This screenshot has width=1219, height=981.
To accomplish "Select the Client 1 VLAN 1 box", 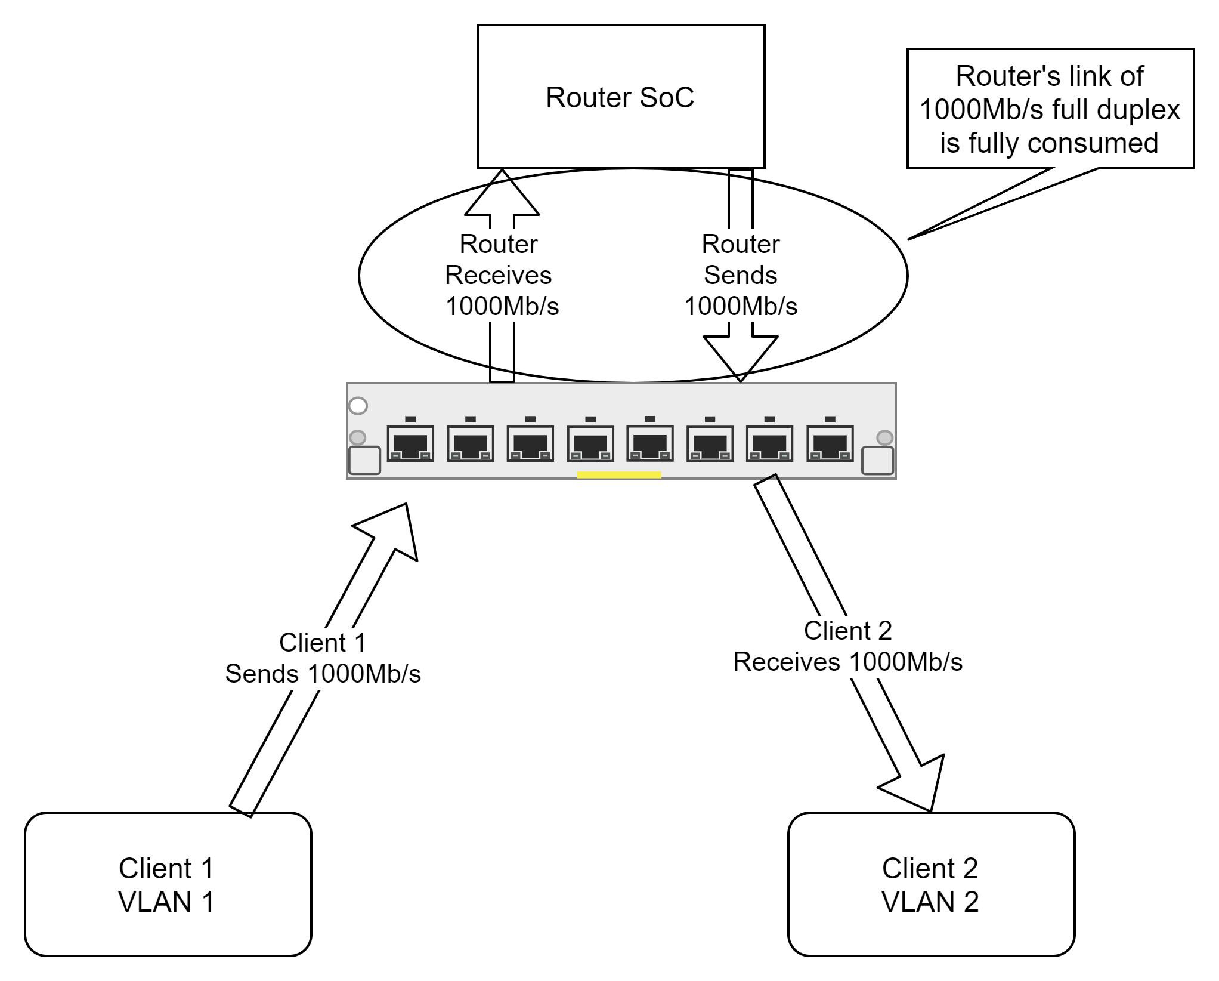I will [168, 884].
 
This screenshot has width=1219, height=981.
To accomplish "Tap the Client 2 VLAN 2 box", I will [931, 884].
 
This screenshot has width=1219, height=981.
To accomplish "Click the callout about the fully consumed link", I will [1050, 109].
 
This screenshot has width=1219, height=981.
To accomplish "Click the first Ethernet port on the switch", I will [410, 443].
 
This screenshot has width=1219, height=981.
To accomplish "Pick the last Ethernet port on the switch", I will [830, 443].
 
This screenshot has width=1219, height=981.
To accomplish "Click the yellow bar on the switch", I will [619, 475].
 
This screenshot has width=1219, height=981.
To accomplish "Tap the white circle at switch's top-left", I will [358, 406].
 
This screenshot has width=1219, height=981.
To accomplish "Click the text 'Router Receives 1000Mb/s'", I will [500, 275].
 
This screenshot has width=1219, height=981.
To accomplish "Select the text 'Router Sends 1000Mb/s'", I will [741, 275].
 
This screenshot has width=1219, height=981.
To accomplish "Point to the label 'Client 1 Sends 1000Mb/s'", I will [323, 658].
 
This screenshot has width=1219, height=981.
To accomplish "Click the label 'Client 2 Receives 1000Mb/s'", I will [847, 646].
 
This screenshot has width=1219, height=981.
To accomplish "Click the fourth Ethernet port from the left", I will [590, 443].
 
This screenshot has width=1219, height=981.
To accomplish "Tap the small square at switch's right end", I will [877, 461].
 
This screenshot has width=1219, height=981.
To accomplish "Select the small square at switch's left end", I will [364, 461].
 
